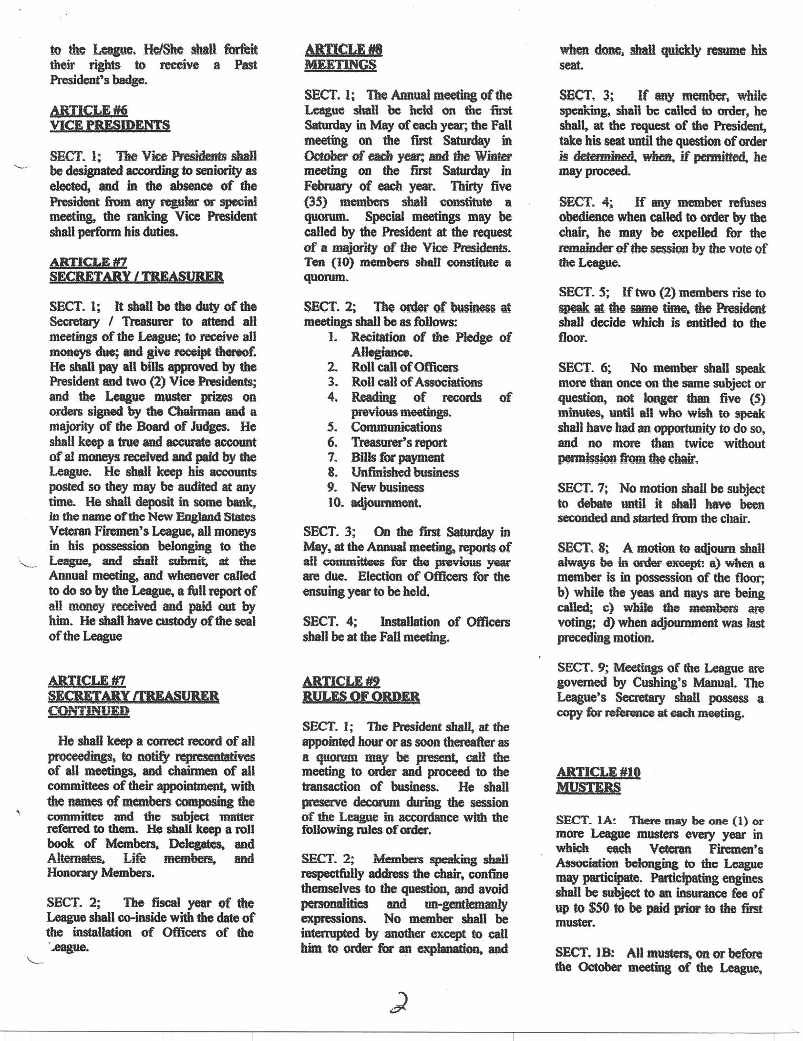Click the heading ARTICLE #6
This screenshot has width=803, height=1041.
pyautogui.click(x=89, y=111)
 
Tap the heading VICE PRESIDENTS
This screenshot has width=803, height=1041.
pyautogui.click(x=110, y=125)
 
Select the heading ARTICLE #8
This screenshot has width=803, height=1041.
pyautogui.click(x=343, y=50)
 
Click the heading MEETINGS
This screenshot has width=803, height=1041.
pyautogui.click(x=340, y=65)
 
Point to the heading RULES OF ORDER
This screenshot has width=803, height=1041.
pyautogui.click(x=361, y=696)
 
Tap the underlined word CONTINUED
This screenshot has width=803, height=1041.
pyautogui.click(x=89, y=711)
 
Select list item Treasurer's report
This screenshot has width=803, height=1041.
pyautogui.click(x=399, y=442)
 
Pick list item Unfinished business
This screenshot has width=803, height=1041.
pyautogui.click(x=405, y=472)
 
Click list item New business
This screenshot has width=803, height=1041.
pyautogui.click(x=387, y=487)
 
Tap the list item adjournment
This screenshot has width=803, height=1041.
pyautogui.click(x=386, y=502)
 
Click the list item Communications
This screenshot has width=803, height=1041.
pyautogui.click(x=396, y=427)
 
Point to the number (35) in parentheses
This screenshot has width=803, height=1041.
pyautogui.click(x=316, y=202)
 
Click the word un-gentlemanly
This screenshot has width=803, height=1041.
pyautogui.click(x=465, y=904)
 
